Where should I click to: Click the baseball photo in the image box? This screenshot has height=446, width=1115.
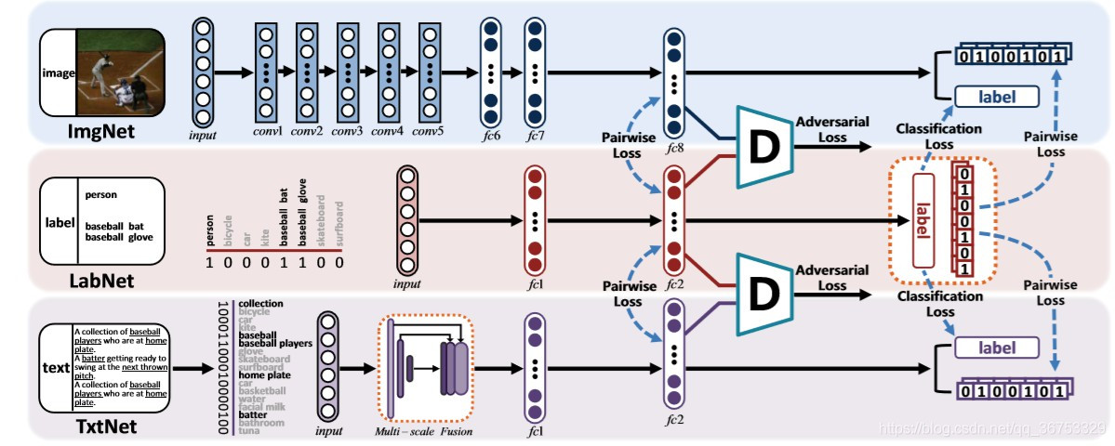point(121,73)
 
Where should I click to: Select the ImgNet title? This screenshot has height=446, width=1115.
point(101,132)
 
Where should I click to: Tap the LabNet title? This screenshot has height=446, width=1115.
point(101,280)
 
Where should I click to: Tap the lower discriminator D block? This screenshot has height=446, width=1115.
point(762,293)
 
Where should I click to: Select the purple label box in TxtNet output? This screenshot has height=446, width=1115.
point(996,348)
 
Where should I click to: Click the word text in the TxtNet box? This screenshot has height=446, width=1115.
point(56,368)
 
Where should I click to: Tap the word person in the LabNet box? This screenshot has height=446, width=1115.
point(100,195)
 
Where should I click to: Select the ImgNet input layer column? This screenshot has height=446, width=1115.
point(203,73)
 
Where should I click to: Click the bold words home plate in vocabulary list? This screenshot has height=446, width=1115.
point(263,375)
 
